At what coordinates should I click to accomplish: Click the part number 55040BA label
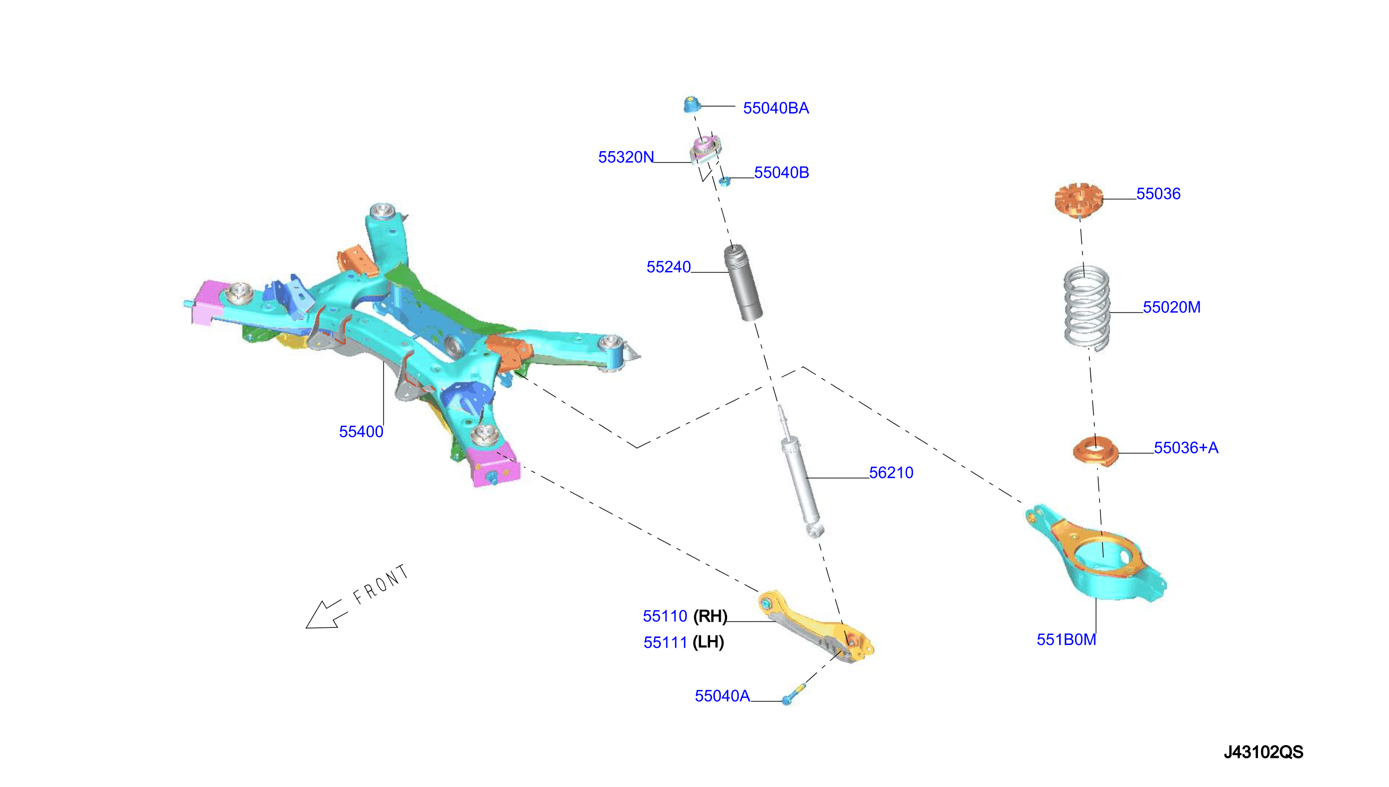coord(775,108)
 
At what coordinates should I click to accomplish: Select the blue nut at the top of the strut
coord(691,104)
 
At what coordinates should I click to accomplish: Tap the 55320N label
coord(626,158)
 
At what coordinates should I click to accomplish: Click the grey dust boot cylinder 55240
coord(743,283)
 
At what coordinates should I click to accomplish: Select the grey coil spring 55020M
coord(1087,308)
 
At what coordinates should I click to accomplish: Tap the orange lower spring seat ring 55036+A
coord(1095,451)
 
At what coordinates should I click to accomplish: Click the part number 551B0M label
coord(1066,640)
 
